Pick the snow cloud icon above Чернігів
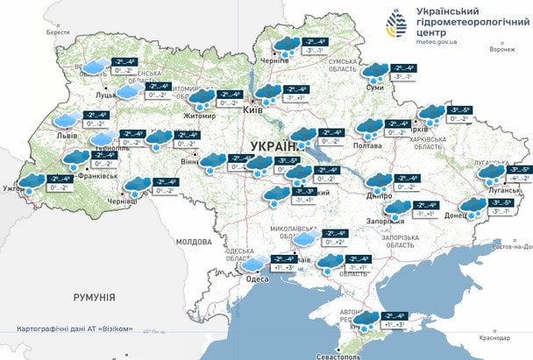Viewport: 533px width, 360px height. click(x=286, y=46)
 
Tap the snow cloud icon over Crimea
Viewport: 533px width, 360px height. click(x=369, y=321)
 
